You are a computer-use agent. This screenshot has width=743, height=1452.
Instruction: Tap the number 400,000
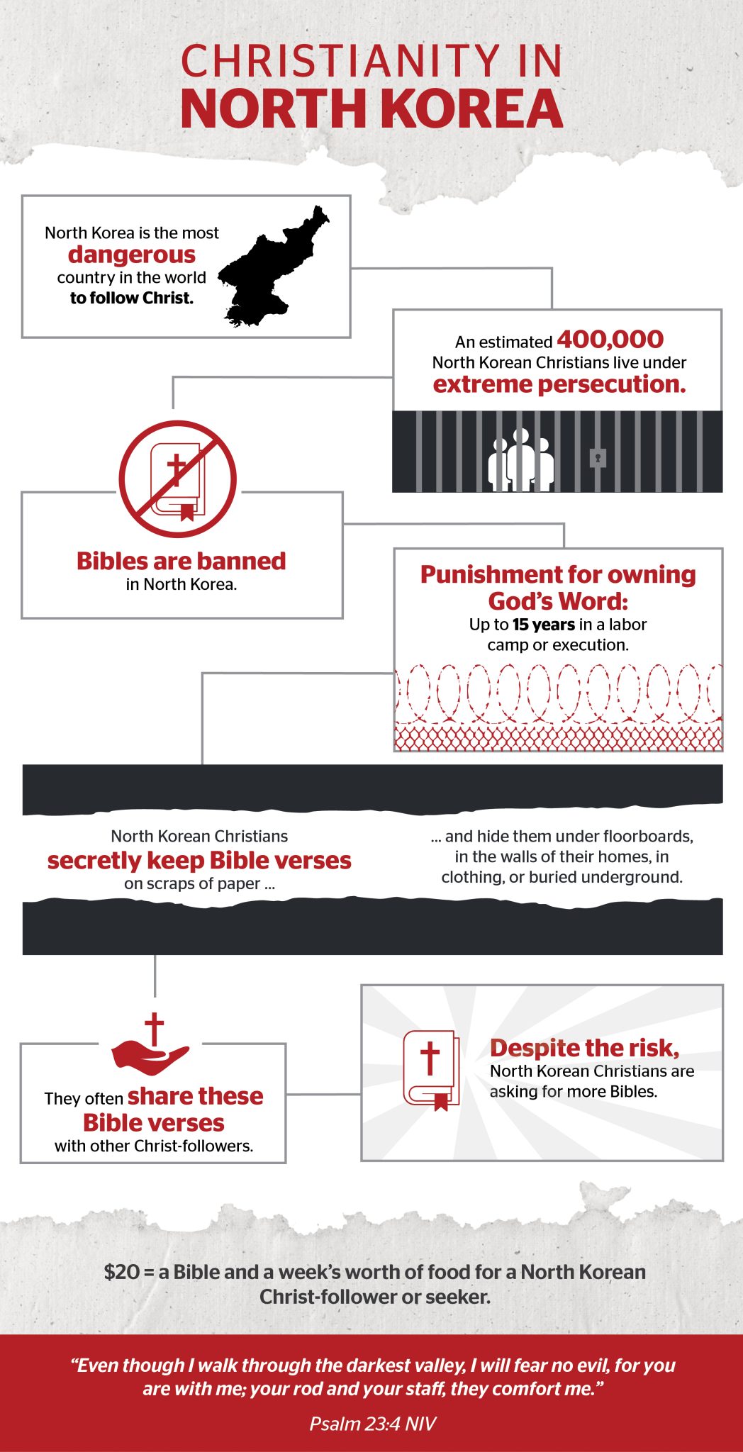[610, 340]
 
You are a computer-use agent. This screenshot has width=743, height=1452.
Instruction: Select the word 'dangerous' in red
[132, 255]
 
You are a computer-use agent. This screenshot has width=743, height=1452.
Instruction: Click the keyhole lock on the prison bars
[598, 458]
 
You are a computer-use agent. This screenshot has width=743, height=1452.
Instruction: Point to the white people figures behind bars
[521, 461]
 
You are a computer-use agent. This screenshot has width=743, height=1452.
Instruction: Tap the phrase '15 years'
[544, 625]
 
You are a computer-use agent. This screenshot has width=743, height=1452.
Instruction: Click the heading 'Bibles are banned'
[181, 561]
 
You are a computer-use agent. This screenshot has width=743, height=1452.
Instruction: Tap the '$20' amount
[121, 1272]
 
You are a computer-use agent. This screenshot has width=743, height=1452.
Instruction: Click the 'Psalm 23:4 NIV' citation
[372, 1424]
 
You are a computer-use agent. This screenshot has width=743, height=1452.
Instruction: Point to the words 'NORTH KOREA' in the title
[371, 109]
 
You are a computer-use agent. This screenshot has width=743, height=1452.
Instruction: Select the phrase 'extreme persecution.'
[559, 384]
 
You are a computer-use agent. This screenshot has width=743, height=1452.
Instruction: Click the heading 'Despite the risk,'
[584, 1048]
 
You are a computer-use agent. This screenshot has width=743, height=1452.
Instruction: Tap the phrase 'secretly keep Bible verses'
[199, 861]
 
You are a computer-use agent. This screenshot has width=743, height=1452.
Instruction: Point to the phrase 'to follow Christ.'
[132, 298]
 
